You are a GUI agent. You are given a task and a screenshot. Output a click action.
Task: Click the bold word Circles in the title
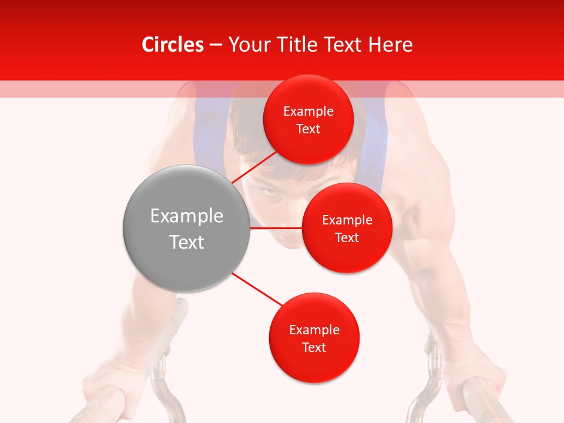tap(172, 45)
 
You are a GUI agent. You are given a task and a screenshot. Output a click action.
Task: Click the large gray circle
tap(186, 228)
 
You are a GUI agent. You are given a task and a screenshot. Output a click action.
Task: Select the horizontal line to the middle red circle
tap(276, 228)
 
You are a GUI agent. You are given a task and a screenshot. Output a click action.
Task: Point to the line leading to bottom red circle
tap(257, 289)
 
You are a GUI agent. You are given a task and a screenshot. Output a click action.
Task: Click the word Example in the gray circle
tap(186, 216)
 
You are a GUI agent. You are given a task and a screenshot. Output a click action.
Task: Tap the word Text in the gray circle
tap(186, 242)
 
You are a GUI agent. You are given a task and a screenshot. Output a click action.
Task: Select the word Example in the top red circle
tap(308, 112)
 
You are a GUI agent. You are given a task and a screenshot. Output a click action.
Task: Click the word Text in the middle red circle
tap(347, 238)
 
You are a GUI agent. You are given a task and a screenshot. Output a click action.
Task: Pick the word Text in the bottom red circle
tap(314, 348)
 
